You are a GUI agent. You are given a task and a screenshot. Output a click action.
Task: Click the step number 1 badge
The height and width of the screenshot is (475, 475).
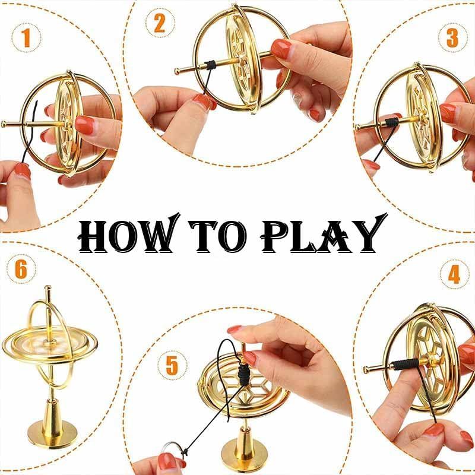click(x=25, y=39)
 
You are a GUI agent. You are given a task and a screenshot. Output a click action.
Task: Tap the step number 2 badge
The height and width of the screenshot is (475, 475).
click(x=159, y=24)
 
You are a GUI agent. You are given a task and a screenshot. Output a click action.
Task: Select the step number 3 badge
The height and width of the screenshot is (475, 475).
click(x=452, y=37)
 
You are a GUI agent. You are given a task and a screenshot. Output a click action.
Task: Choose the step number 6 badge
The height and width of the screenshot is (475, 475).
click(x=21, y=270)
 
